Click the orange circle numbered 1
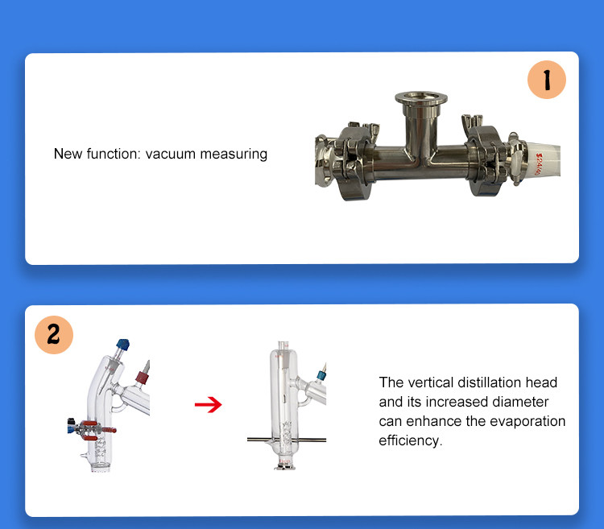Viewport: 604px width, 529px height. coord(547,80)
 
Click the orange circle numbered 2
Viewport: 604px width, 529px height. coord(54,335)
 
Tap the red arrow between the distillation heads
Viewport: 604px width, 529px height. coord(208,404)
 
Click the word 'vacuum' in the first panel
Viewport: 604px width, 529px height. coord(170,154)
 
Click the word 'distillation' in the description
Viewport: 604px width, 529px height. coord(489,382)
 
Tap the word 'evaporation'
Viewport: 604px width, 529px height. coord(525,421)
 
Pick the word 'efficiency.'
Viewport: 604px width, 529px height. coord(411,440)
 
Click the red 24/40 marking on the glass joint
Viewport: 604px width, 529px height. coord(539,164)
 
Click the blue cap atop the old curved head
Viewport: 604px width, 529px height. coord(123,344)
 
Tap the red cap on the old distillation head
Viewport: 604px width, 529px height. coord(142,378)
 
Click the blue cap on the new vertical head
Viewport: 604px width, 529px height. coord(321,374)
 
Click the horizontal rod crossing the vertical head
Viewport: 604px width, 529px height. coord(287,440)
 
